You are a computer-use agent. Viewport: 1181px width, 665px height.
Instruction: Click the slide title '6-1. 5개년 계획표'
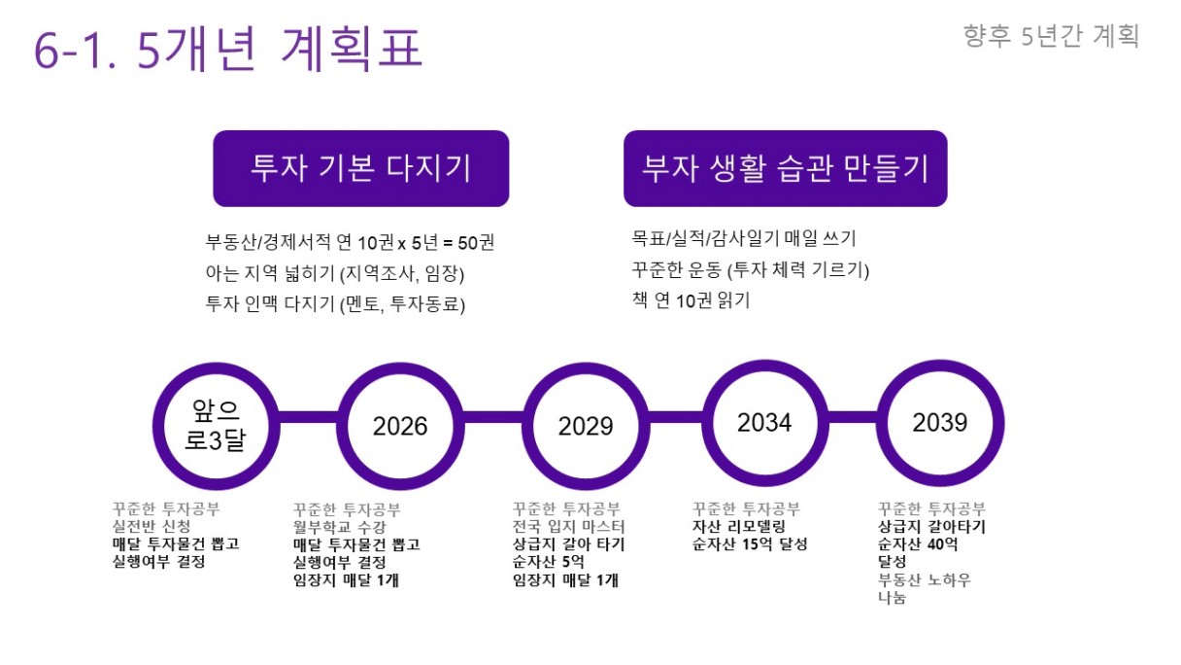click(228, 49)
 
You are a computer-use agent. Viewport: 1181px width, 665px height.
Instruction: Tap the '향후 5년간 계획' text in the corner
click(1051, 36)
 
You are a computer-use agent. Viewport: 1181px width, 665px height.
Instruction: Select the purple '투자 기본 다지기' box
click(361, 168)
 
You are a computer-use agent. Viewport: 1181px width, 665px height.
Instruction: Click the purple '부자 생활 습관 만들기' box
click(786, 168)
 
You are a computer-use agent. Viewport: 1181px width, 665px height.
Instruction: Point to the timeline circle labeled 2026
click(401, 369)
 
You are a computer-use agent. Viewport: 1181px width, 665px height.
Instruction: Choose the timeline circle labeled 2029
click(586, 369)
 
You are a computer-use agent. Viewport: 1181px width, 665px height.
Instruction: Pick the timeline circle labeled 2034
click(765, 367)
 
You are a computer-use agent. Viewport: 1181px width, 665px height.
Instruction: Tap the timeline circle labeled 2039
click(940, 367)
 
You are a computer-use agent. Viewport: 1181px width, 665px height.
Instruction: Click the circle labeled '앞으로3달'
click(217, 369)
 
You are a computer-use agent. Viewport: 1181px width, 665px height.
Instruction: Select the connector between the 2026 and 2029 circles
click(493, 417)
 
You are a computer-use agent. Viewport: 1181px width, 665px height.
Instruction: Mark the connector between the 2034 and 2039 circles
click(853, 417)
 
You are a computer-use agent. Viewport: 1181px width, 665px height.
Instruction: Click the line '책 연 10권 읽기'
click(691, 300)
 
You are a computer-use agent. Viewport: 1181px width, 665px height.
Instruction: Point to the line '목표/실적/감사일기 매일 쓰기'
click(743, 238)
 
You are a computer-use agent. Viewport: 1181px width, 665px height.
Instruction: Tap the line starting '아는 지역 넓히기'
click(335, 273)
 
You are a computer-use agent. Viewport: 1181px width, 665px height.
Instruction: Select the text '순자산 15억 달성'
click(750, 543)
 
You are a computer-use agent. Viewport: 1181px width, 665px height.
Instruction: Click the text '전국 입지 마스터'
click(568, 526)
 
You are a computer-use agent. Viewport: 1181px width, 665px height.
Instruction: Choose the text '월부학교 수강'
click(340, 527)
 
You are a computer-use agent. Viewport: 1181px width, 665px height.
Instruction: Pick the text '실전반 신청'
click(152, 526)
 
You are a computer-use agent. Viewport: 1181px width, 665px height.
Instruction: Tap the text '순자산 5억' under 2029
click(549, 562)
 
